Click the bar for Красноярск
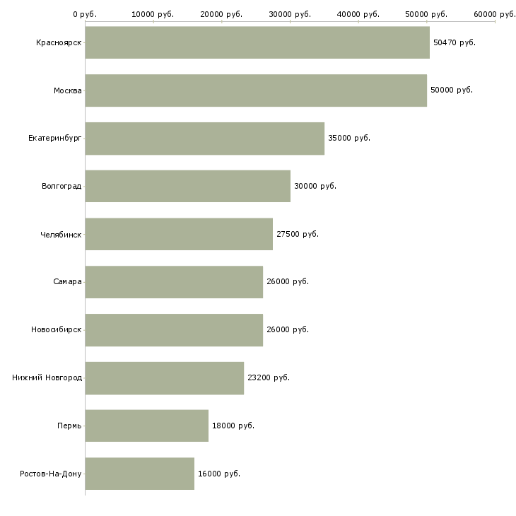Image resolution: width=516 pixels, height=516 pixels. [x=257, y=42]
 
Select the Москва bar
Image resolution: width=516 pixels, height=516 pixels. [x=256, y=90]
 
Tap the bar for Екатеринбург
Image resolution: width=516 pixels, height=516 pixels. [x=205, y=139]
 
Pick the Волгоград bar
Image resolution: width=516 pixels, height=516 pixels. [x=188, y=187]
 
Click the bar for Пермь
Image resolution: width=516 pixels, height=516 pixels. [x=147, y=426]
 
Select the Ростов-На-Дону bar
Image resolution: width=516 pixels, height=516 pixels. [x=140, y=474]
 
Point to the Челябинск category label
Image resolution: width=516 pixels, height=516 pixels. [x=61, y=235]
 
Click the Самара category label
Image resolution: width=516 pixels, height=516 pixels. [x=67, y=282]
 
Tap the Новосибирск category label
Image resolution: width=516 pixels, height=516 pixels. [x=57, y=329]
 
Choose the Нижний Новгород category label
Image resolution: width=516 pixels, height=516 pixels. [x=47, y=377]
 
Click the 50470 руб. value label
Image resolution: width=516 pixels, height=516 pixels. [x=455, y=42]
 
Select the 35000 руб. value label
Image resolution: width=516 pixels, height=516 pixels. [x=349, y=139]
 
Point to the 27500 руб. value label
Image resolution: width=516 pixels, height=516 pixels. [x=298, y=234]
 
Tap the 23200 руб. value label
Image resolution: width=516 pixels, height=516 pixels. [x=269, y=377]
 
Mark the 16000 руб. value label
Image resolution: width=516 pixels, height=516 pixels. [x=219, y=474]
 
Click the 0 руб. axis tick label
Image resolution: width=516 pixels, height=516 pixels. [x=85, y=14]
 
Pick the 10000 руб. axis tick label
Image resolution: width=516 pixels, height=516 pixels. [x=153, y=14]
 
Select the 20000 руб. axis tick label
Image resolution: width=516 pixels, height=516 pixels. [x=221, y=14]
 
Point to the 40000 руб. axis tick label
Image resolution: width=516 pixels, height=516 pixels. [x=358, y=14]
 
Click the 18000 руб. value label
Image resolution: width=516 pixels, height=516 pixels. [x=233, y=426]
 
